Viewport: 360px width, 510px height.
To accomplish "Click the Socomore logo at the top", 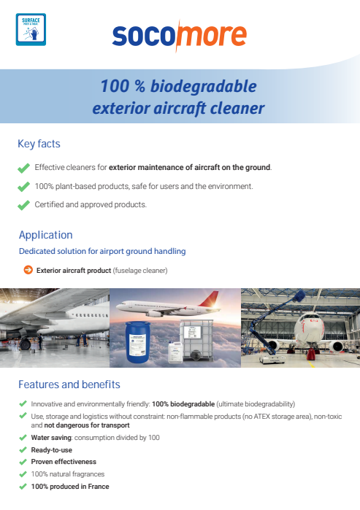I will [x=179, y=36].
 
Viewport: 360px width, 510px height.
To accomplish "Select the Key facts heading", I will [x=39, y=144].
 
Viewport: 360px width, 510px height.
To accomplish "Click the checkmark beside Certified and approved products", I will [x=23, y=205].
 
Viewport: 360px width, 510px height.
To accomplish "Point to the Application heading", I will [x=45, y=235].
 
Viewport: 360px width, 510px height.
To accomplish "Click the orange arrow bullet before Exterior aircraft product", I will [x=28, y=270].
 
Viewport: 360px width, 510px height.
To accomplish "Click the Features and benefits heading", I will [x=69, y=385].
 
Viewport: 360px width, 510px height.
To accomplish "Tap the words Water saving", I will [x=52, y=438].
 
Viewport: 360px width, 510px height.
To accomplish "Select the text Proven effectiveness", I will [x=64, y=462].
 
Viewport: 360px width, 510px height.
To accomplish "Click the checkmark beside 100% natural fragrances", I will [x=23, y=474].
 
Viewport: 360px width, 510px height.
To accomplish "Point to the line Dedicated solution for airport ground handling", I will [x=102, y=252].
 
